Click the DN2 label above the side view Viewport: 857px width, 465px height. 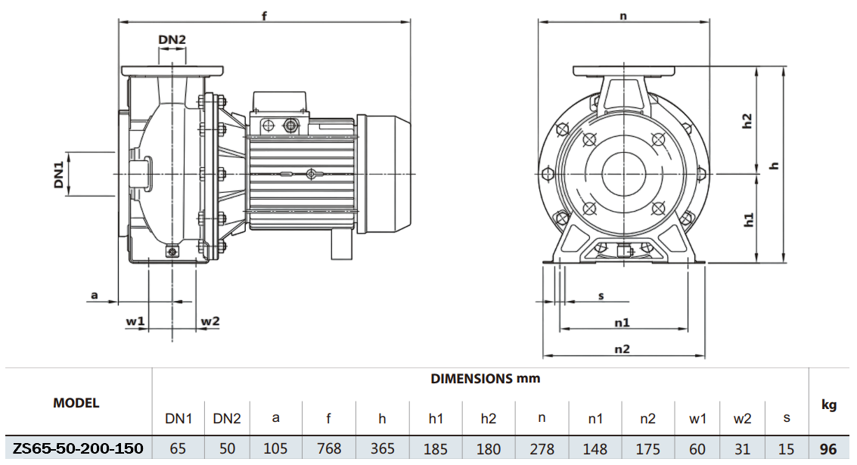172,39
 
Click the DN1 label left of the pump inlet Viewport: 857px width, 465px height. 58,173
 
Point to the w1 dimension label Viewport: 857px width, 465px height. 135,321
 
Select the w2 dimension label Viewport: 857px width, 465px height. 210,321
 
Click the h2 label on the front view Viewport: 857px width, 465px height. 747,121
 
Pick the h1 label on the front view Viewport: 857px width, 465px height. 748,219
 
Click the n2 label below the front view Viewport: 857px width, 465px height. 622,349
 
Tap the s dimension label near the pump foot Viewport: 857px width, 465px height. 601,295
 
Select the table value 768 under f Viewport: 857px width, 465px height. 328,448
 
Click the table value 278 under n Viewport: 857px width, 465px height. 542,448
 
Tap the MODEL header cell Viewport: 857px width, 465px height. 76,403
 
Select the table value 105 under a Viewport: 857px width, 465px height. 275,448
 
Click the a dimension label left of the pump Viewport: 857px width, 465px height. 95,295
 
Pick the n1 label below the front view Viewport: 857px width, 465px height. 622,323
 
